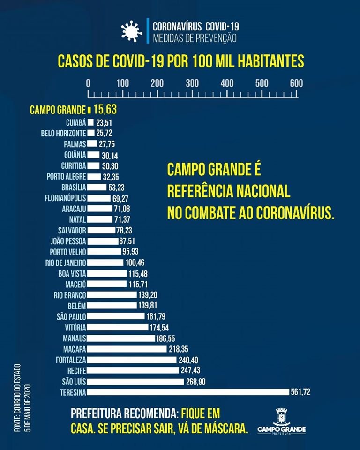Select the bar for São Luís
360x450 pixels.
(x=136, y=381)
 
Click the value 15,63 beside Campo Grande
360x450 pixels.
(x=105, y=110)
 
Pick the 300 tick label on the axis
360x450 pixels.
(x=192, y=83)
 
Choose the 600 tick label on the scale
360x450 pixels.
(x=296, y=83)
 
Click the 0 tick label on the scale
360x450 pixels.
(x=89, y=83)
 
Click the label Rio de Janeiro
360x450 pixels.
(x=65, y=262)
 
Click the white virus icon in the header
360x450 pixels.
(x=131, y=31)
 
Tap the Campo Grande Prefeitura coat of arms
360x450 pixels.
(x=281, y=416)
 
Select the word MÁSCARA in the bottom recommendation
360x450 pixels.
(x=223, y=428)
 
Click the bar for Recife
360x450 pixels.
(x=131, y=370)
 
